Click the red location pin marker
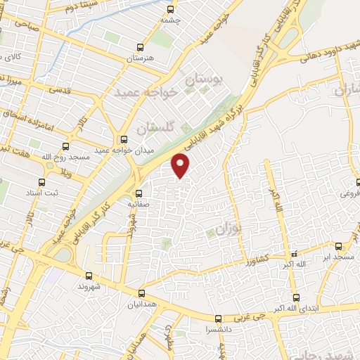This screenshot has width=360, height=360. click(x=181, y=166)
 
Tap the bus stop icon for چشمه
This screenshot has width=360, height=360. click(x=169, y=9)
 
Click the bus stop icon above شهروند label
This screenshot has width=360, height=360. click(x=89, y=276)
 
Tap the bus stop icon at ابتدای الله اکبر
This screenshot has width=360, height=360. click(x=296, y=297)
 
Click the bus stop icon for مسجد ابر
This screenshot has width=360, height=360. click(x=338, y=245)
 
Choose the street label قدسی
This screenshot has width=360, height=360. click(x=58, y=91)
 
